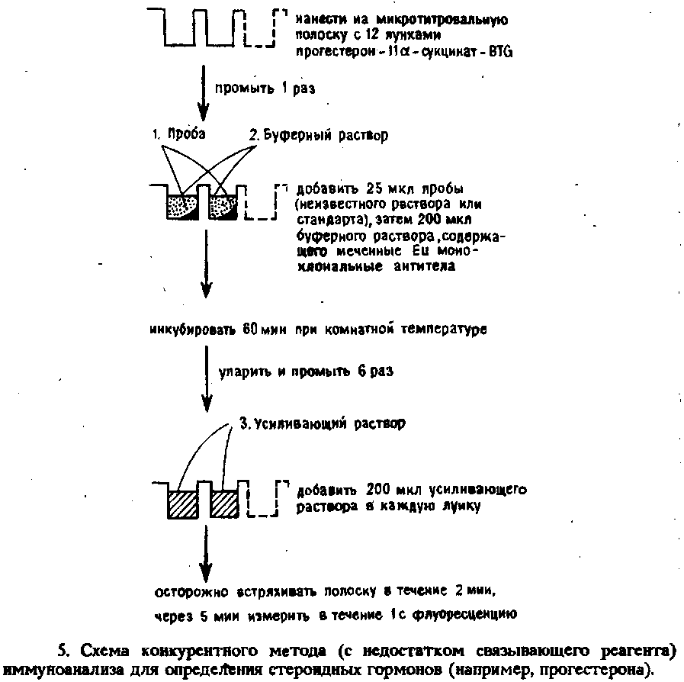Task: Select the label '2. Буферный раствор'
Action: pyautogui.click(x=318, y=135)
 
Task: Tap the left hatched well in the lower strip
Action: pyautogui.click(x=183, y=504)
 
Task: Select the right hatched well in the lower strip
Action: pyautogui.click(x=225, y=504)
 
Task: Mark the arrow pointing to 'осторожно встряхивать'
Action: pyautogui.click(x=205, y=553)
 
